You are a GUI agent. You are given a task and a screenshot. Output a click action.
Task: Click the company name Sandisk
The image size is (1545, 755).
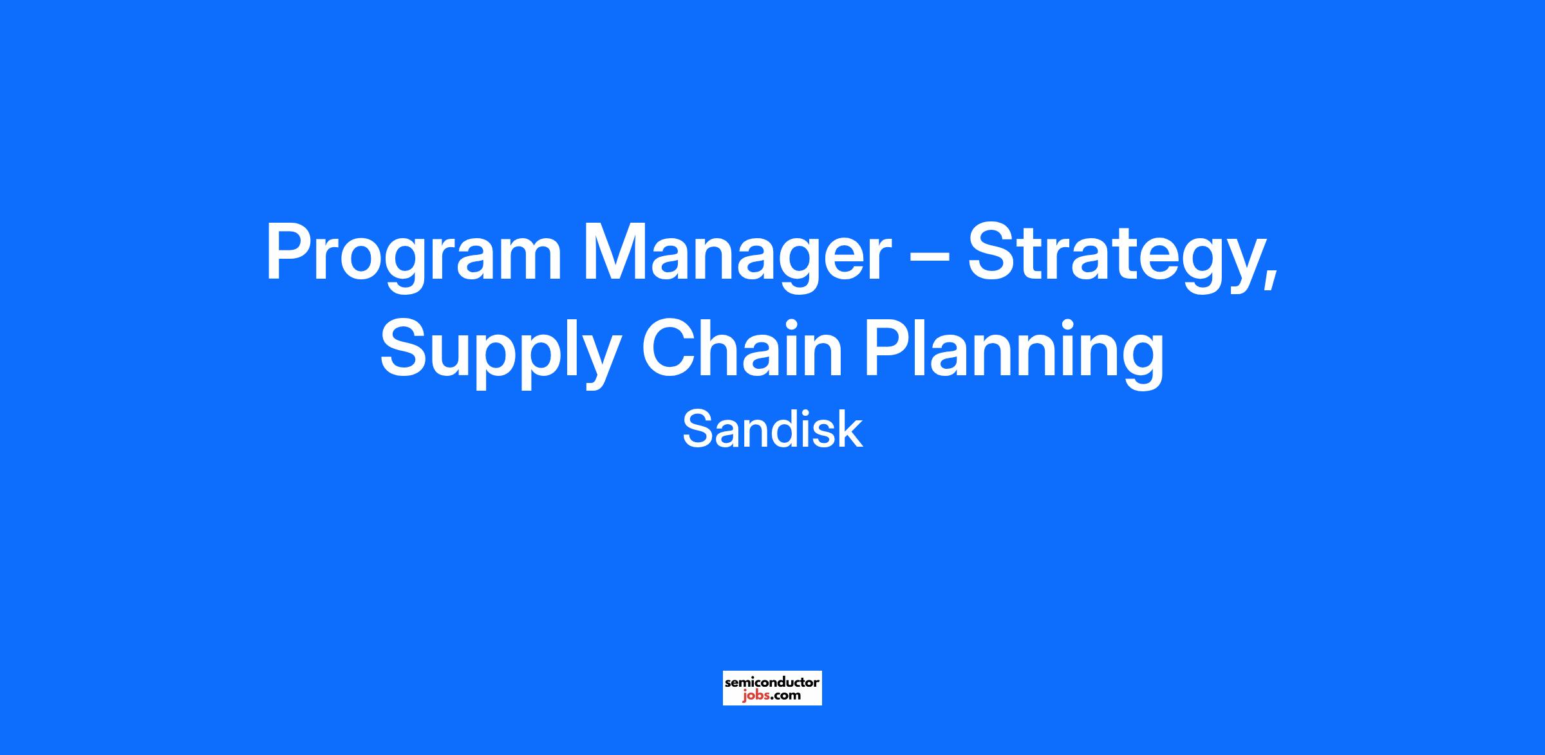[x=772, y=430]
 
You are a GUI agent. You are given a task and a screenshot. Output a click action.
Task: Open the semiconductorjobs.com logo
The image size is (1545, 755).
[x=772, y=688]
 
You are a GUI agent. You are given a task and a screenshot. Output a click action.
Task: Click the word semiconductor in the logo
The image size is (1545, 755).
[x=772, y=682]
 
